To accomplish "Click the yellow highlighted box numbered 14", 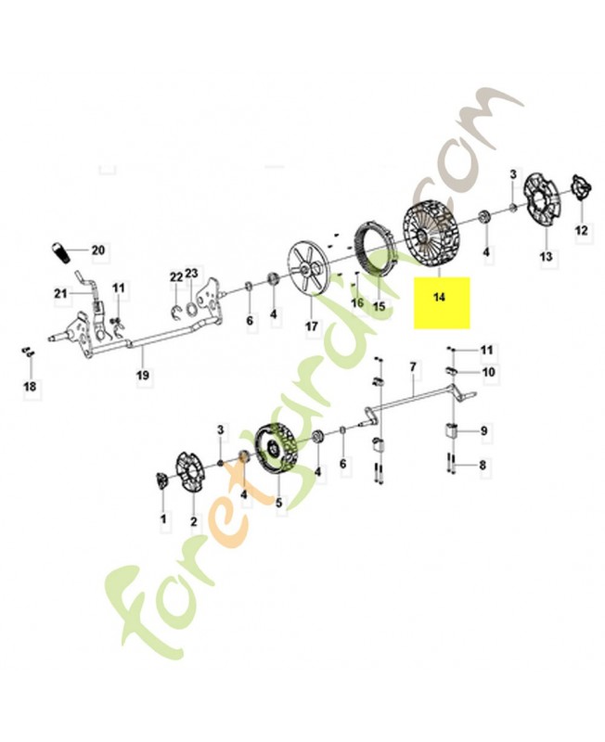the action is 442,302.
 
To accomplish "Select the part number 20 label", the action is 98,249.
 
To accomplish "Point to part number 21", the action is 60,293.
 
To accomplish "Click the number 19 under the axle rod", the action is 143,376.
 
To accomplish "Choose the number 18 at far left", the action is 30,387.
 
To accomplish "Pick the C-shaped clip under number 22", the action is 176,313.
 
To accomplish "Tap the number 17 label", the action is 311,326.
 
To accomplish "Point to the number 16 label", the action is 358,302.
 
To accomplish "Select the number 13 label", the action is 546,257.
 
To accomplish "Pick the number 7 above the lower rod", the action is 413,366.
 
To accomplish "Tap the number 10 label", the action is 487,372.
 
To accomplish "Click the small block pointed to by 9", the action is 451,431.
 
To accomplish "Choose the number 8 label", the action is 483,466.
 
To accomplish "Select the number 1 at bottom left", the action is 163,519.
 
